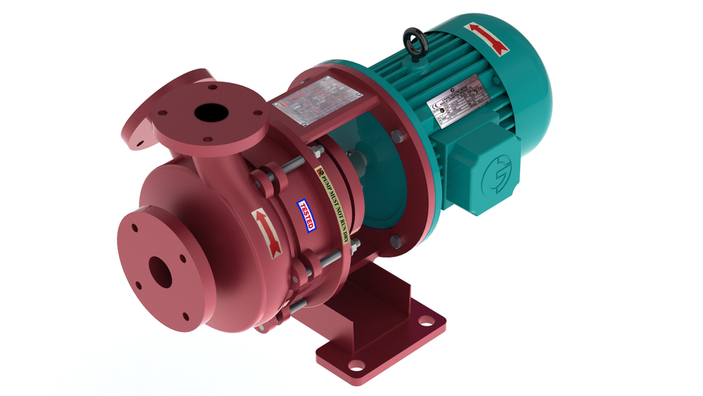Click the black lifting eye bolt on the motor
coord(411,41)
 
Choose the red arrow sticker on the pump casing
coord(266,231)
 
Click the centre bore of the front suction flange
coord(160,272)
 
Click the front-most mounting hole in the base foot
coord(357,366)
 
